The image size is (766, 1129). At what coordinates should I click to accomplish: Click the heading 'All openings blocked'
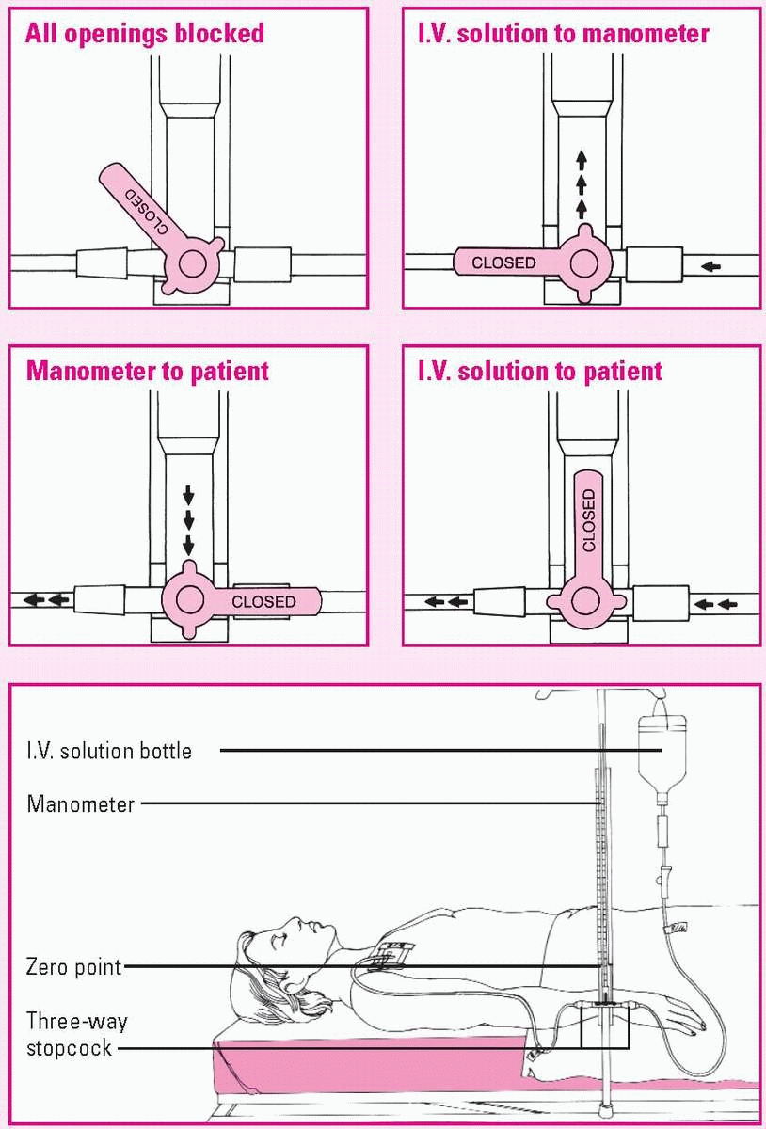click(x=144, y=35)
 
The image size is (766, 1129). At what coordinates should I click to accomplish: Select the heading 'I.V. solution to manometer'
click(x=563, y=35)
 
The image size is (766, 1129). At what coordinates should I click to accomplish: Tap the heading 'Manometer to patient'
click(x=148, y=371)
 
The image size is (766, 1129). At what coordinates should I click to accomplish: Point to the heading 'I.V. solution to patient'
click(x=540, y=371)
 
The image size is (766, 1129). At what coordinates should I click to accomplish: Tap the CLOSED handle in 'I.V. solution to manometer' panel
click(x=504, y=262)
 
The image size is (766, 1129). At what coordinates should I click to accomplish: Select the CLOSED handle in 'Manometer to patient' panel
click(x=263, y=601)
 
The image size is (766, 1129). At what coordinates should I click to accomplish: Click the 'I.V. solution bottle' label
click(x=109, y=751)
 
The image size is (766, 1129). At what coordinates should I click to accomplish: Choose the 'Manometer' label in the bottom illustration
click(x=81, y=804)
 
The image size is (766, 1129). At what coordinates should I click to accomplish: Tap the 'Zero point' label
click(x=74, y=967)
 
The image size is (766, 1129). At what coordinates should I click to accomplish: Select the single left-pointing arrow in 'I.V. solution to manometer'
click(x=711, y=266)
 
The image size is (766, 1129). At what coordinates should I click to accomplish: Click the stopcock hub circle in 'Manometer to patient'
click(x=191, y=599)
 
